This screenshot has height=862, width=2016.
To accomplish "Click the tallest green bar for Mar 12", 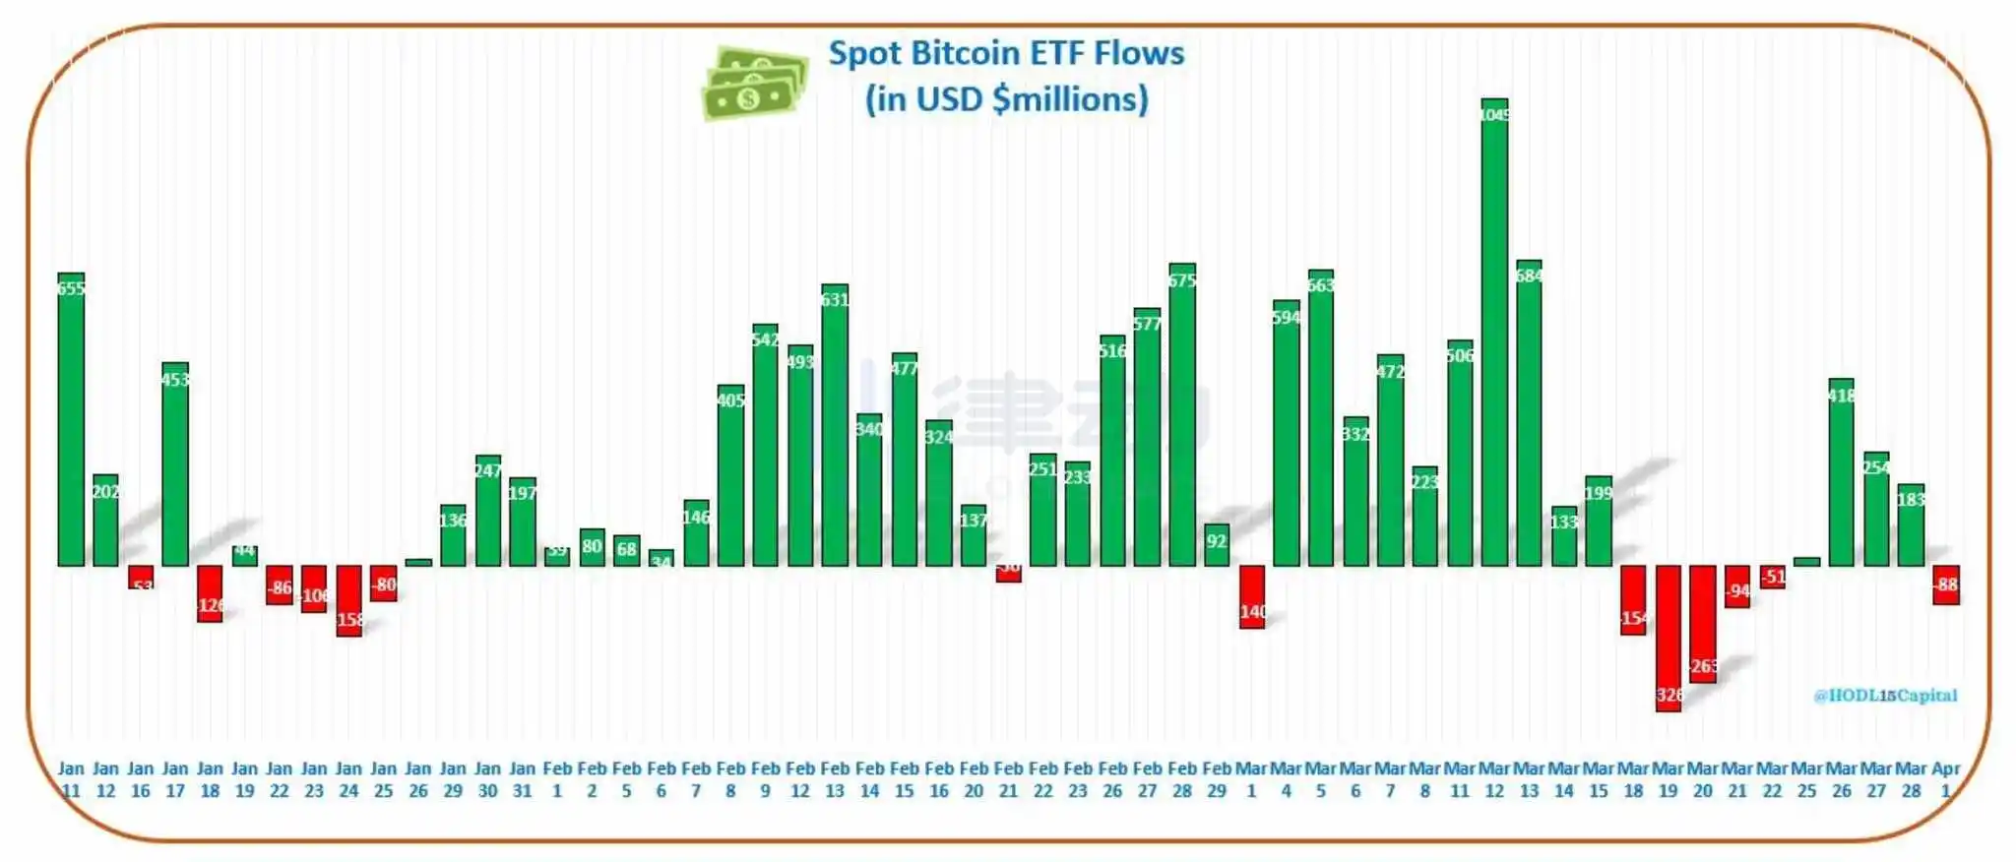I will coord(1494,335).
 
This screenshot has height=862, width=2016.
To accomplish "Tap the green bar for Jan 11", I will coord(71,423).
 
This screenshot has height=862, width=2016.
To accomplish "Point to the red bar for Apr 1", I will coord(1946,585).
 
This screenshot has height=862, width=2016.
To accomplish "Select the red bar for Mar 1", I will coord(1252,596).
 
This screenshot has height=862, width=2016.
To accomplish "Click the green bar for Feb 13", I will coord(835,428).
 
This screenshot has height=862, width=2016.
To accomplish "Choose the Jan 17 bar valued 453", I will coord(175,465).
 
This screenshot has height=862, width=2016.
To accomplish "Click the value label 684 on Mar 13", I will coord(1529,276).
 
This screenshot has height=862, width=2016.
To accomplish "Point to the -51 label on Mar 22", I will coord(1773,578).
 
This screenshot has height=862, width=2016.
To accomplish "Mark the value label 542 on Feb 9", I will coord(765,340).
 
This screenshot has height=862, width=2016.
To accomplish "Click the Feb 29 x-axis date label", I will coord(1217,779).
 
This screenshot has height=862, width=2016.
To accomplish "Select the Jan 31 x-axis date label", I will coord(523,779).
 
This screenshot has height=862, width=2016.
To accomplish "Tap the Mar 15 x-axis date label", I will coord(1599,779).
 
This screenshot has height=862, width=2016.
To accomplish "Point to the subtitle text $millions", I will coord(1070,99).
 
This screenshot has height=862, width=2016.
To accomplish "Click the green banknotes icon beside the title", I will coord(754,84).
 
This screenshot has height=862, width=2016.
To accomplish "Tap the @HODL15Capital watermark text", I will coord(1885,696).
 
